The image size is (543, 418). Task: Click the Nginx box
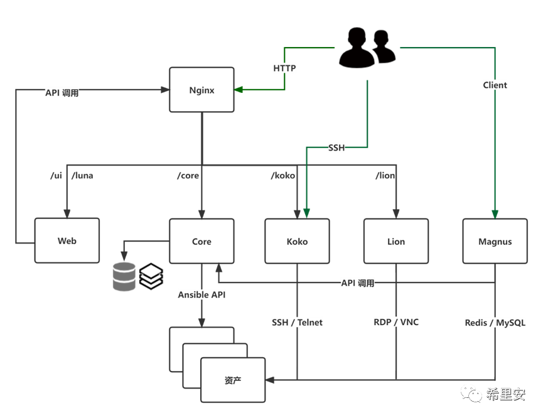click(x=202, y=90)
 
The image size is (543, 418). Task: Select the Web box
click(x=67, y=241)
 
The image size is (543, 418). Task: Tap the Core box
click(x=202, y=241)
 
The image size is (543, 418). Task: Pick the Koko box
click(x=297, y=241)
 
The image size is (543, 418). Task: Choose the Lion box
click(x=396, y=241)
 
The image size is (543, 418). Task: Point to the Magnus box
click(x=495, y=241)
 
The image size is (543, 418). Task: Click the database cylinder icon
click(x=124, y=277)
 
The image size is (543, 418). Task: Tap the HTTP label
click(x=284, y=68)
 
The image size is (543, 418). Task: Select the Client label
click(x=495, y=85)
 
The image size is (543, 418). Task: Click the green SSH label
click(x=336, y=148)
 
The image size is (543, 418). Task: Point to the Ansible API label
click(x=202, y=294)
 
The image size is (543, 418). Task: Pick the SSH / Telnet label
click(x=297, y=323)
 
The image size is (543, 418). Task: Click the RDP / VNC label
click(x=396, y=322)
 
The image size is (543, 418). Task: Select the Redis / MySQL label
click(x=495, y=323)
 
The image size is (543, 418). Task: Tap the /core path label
click(x=188, y=176)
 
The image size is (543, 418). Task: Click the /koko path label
click(x=282, y=176)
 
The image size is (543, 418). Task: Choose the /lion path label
click(x=385, y=176)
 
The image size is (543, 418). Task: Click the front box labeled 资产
click(x=233, y=380)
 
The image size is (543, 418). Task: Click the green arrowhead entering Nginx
click(x=239, y=90)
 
